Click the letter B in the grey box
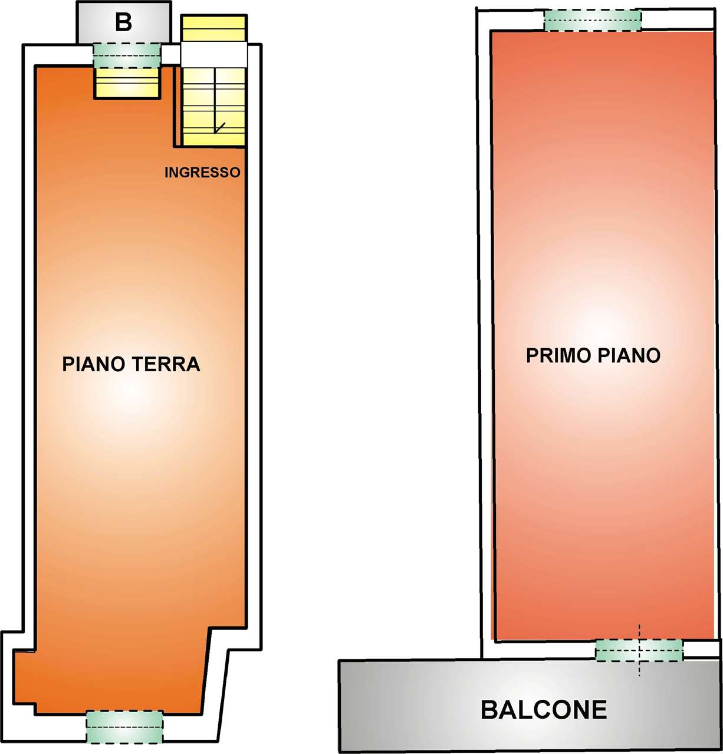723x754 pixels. click(123, 22)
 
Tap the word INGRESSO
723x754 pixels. click(202, 173)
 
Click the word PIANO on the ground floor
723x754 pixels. click(94, 364)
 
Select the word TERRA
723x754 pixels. click(166, 364)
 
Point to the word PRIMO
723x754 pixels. click(558, 355)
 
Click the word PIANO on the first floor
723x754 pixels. click(629, 355)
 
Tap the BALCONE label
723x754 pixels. click(544, 709)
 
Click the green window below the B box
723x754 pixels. click(127, 55)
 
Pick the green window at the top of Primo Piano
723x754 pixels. click(593, 20)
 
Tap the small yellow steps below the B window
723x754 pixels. click(127, 83)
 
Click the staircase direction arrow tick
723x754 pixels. click(220, 127)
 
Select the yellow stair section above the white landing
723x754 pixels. click(214, 28)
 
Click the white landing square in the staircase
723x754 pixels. click(214, 54)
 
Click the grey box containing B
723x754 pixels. click(123, 22)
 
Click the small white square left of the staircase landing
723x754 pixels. click(171, 54)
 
